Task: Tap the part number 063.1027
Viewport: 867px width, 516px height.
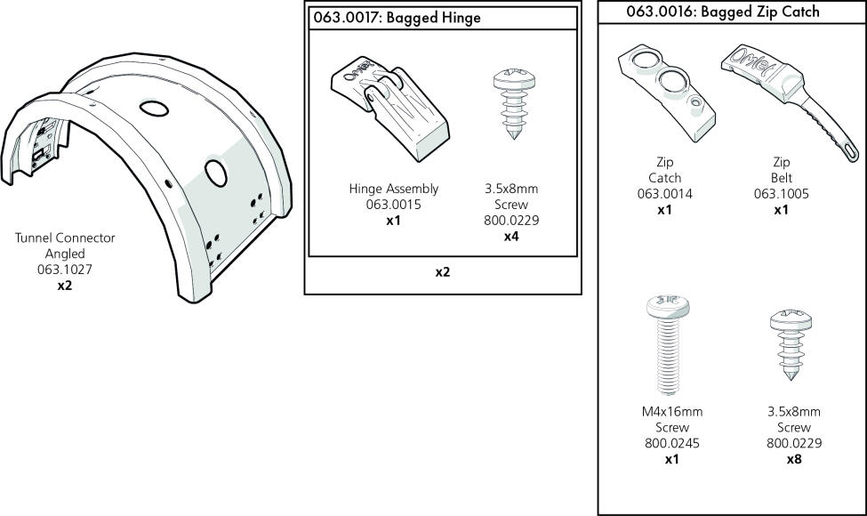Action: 65,270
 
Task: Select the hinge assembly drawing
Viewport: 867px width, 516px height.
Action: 390,109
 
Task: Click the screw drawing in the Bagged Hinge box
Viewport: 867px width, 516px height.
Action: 514,104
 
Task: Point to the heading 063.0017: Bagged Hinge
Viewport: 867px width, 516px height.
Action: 397,18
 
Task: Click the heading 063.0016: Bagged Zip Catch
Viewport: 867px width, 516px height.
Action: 723,12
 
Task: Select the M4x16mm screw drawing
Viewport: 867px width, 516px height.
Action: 669,345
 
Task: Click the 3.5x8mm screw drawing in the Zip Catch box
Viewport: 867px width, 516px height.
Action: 791,345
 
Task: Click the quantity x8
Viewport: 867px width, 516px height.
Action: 794,459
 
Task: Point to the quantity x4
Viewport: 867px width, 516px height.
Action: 511,237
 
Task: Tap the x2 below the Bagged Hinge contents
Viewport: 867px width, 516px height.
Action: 442,272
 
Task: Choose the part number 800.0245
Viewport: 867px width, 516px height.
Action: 672,444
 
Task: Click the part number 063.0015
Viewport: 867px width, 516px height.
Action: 393,205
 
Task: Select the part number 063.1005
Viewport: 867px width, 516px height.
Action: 782,194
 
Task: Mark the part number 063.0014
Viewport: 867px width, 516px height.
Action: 664,194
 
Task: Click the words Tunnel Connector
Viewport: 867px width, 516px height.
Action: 65,238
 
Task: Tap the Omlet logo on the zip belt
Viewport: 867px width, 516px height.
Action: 755,65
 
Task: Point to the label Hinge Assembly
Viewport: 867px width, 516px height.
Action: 393,189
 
